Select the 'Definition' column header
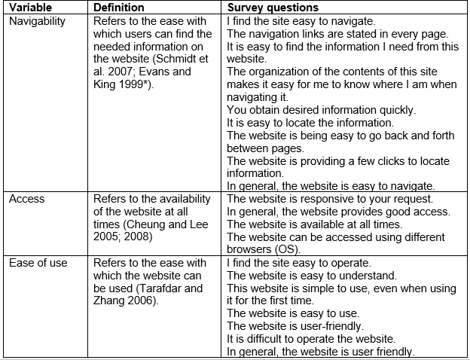click(x=119, y=8)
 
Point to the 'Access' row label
click(x=27, y=199)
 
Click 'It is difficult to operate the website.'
click(x=311, y=339)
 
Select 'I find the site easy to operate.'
click(x=298, y=263)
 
